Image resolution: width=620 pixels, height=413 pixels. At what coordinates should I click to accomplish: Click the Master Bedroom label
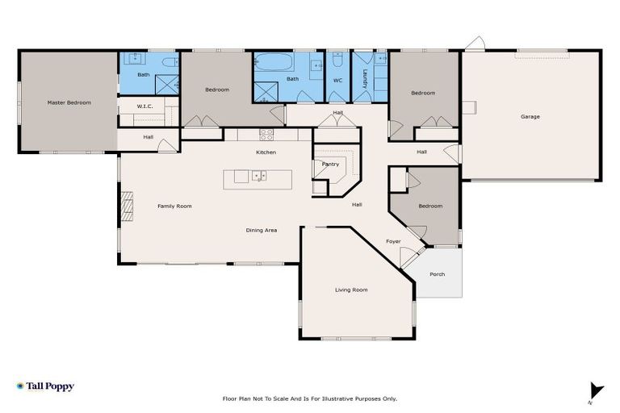click(x=69, y=102)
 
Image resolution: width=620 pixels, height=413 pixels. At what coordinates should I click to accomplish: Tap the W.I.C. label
click(x=145, y=106)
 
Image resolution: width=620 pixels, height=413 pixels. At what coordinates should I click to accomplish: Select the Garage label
click(x=530, y=117)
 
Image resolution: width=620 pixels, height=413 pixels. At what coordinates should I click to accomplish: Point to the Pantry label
click(x=330, y=164)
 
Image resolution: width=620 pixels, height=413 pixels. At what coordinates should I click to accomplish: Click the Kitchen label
click(x=266, y=152)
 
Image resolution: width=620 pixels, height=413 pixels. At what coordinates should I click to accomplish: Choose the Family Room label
click(x=174, y=206)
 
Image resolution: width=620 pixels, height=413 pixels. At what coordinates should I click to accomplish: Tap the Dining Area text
click(x=262, y=231)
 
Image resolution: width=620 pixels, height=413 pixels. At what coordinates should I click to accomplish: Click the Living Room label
click(x=351, y=290)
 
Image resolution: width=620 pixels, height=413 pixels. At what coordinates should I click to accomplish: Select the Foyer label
click(x=393, y=241)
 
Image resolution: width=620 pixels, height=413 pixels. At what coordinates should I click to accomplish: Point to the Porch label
click(x=437, y=274)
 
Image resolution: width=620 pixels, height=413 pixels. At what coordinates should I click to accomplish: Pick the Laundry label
click(x=365, y=78)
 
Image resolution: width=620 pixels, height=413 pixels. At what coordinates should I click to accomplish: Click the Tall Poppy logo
click(x=45, y=386)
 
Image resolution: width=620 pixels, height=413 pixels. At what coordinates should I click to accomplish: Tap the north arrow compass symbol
click(x=596, y=390)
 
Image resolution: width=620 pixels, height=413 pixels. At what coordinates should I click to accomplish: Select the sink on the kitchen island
click(x=258, y=175)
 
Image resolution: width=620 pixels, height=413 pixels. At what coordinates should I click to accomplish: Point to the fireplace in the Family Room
click(x=126, y=206)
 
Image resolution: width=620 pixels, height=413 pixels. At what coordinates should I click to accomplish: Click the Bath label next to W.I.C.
click(x=143, y=75)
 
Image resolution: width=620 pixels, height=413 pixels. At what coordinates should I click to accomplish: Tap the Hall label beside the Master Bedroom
click(x=149, y=137)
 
